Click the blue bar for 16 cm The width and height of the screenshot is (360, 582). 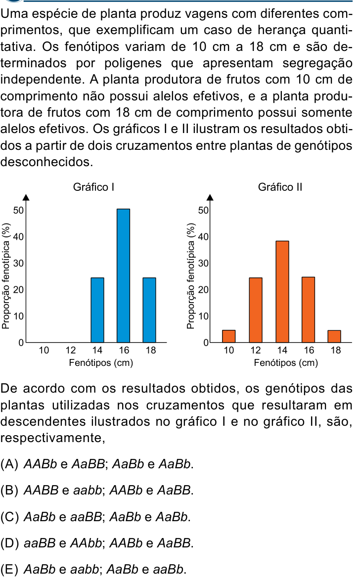pos(123,275)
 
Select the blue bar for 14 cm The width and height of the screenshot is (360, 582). pos(97,310)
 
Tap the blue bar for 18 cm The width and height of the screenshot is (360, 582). pos(149,310)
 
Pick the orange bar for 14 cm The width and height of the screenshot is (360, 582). pos(282,291)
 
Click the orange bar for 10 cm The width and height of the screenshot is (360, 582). pos(228,336)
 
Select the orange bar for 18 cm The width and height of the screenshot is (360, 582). pos(334,336)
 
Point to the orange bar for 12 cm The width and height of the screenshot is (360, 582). pos(255,310)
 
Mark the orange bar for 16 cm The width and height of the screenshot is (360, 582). pos(308,310)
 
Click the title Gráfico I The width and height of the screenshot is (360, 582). pos(93,187)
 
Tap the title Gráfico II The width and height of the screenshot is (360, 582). pos(280,187)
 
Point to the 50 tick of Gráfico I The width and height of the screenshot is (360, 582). pos(18,211)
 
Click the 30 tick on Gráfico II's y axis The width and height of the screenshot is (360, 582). pos(203,263)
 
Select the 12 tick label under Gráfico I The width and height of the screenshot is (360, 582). pos(71,350)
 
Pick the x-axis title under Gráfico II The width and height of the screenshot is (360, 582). pos(286,362)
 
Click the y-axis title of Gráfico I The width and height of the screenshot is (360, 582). pos(5,276)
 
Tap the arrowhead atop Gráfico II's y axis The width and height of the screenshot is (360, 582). pos(210,197)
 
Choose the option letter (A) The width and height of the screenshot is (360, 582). pos(10,464)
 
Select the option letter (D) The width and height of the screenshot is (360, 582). pos(10,543)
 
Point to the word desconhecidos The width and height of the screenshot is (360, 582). pos(47,162)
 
